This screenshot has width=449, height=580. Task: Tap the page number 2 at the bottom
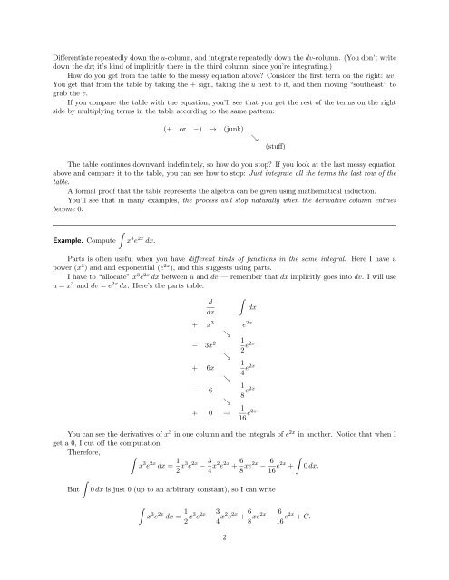pyautogui.click(x=224, y=562)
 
